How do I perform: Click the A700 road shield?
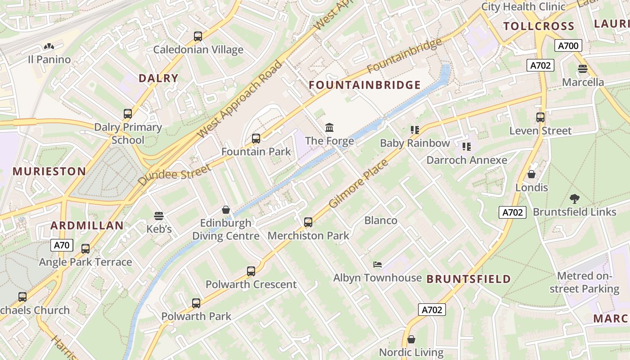coord(568,45)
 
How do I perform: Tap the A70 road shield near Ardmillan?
coord(62,245)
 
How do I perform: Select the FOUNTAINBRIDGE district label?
coord(365,85)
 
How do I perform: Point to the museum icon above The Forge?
coord(329,127)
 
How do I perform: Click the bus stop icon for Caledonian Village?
coord(198,36)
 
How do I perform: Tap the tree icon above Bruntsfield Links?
coord(574,198)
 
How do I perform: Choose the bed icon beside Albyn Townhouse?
coord(377,265)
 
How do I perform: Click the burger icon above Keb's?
coord(158,216)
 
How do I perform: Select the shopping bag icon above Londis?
coord(531,174)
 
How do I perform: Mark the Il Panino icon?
coord(49,46)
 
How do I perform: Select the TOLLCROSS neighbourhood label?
coord(539,26)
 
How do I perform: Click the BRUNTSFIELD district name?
coord(468,279)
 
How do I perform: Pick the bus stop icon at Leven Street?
coord(540,117)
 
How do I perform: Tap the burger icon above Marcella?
coord(583,69)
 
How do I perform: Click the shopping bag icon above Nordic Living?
coord(411,339)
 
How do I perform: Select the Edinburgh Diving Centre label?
coord(226,229)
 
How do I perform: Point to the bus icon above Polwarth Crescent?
coord(251,271)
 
